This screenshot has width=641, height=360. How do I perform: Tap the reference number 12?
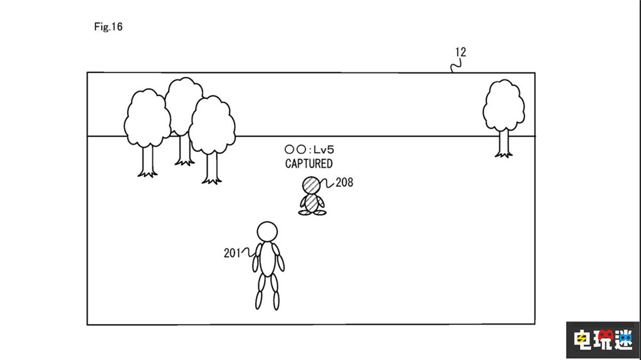[460, 53]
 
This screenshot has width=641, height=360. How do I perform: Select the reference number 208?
[344, 183]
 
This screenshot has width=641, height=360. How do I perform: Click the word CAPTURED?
[309, 163]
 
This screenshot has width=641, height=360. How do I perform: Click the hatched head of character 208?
[312, 185]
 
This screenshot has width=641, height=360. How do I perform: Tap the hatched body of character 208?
[312, 203]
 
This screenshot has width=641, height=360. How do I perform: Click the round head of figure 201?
[267, 231]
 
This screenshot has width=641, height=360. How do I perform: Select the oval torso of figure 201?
[267, 259]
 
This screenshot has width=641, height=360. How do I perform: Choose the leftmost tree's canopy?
[147, 119]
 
